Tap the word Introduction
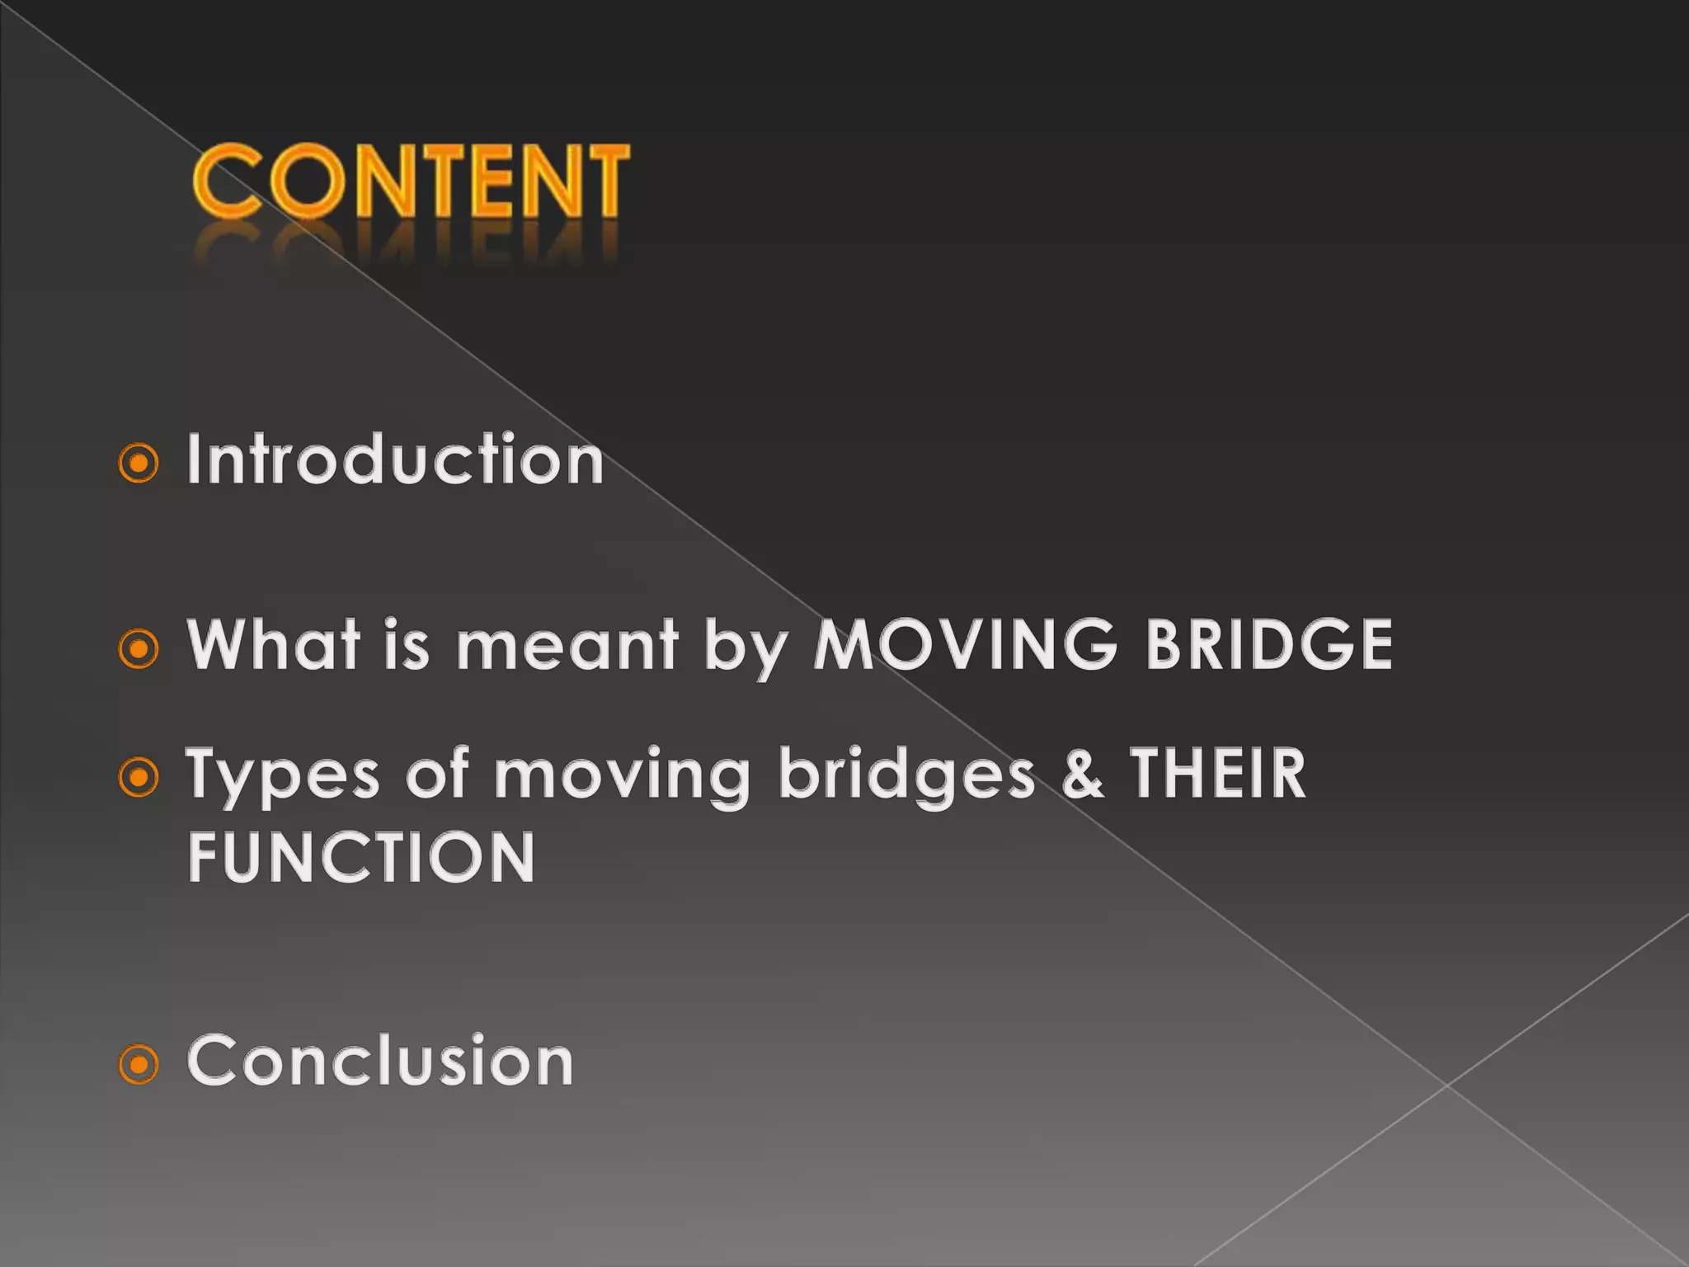coord(395,459)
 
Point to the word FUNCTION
coord(361,858)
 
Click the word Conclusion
coord(380,1061)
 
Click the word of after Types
coord(437,775)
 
